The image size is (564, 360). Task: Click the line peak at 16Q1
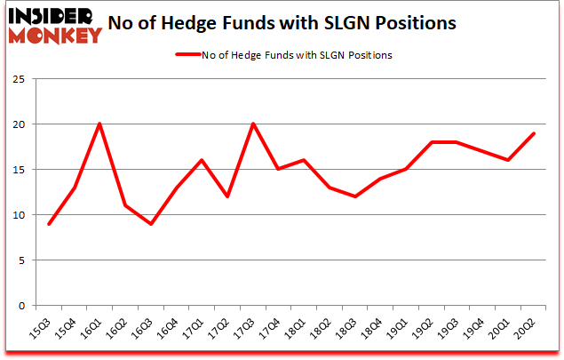click(x=99, y=124)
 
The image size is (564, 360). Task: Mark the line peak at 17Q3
click(x=254, y=124)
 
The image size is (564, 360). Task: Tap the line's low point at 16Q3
click(x=151, y=223)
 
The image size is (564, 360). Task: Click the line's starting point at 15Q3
click(x=48, y=223)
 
